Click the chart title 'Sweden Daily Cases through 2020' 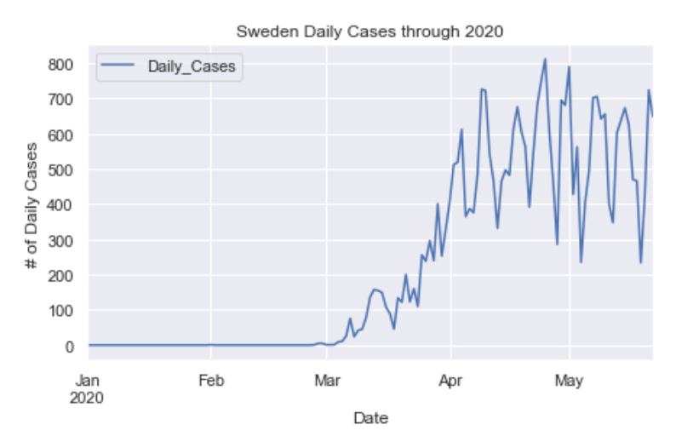pos(369,33)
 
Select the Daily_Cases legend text pos(191,66)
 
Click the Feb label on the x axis pos(210,381)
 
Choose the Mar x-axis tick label pos(326,381)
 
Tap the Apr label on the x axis pos(450,381)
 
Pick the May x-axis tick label pos(568,381)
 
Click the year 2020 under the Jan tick pos(88,397)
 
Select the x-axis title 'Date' pos(369,418)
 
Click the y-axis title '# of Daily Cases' pos(31,207)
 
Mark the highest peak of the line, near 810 pos(545,60)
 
